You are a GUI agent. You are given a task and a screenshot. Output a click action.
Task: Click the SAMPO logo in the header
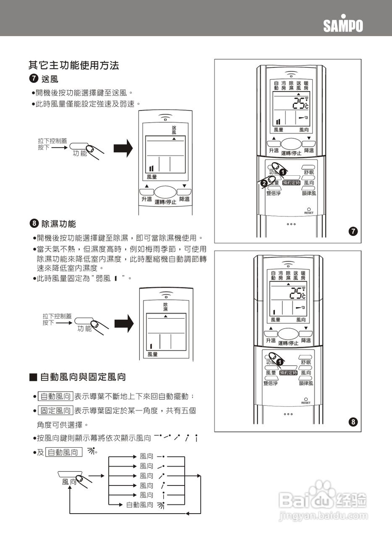pos(343,25)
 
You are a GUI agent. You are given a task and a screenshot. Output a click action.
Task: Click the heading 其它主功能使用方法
pos(73,66)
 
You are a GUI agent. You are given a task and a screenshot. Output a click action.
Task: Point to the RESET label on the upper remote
pos(309,213)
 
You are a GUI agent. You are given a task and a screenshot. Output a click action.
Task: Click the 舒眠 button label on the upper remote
pos(309,173)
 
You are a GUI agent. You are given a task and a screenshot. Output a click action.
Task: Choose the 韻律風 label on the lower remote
pos(306,383)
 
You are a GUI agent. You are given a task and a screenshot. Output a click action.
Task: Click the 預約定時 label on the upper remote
pos(291,183)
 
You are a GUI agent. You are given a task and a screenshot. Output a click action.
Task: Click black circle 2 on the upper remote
pos(264,183)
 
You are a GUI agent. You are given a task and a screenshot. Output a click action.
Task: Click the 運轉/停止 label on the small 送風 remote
pos(165,202)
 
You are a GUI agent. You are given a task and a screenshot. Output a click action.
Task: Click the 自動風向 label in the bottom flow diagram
pos(140,504)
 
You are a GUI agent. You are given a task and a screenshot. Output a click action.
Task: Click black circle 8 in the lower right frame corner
pos(353,421)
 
